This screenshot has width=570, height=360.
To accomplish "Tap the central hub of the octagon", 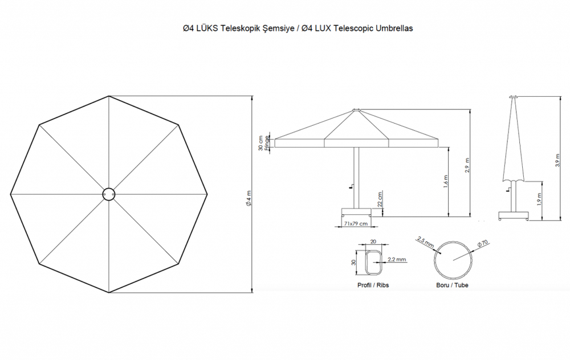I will pos(108,194).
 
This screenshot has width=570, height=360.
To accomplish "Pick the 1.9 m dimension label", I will pos(539,199).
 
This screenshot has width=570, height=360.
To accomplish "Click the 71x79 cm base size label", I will pos(356,224).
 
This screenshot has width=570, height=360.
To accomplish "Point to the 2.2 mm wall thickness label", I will pos(396,259).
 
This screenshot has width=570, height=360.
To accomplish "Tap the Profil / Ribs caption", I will pos(373,285).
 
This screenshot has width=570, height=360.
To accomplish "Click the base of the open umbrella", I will pos(356,214).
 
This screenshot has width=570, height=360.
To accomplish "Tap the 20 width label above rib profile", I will pos(373,240).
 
